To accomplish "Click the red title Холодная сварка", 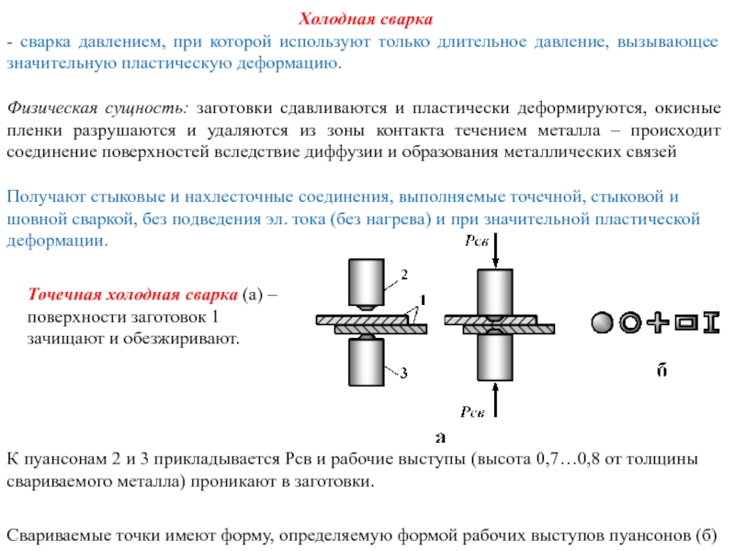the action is (x=365, y=19).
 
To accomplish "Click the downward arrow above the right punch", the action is (x=495, y=251).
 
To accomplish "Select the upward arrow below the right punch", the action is (x=495, y=399).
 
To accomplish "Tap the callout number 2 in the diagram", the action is (x=404, y=274).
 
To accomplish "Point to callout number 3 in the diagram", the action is (x=403, y=373).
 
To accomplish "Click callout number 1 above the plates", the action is (x=422, y=300).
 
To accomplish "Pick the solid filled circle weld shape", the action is (x=602, y=323).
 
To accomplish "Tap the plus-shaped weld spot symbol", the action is (x=658, y=323).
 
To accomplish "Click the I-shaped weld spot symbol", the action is (x=711, y=323).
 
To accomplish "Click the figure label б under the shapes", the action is (x=661, y=370).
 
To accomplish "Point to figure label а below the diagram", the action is (x=440, y=438).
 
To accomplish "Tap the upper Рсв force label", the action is (x=476, y=241).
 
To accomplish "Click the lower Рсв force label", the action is (x=472, y=411).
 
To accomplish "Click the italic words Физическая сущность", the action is (x=97, y=108).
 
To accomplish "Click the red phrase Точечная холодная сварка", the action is (x=132, y=294).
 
